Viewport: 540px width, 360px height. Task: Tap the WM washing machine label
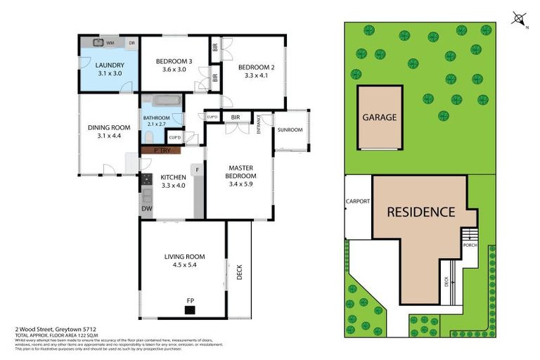tap(110, 43)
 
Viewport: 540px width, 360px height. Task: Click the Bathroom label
tap(155, 117)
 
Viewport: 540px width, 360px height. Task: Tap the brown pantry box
tap(161, 150)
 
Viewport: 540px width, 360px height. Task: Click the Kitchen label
tap(173, 177)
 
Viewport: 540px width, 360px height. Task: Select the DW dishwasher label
tap(146, 209)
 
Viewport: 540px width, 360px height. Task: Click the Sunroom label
tap(290, 130)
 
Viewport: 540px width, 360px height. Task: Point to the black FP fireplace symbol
tap(191, 309)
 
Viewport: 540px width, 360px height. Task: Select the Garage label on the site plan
tap(380, 117)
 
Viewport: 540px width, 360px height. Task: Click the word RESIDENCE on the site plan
tap(420, 212)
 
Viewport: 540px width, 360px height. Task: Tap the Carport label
tap(358, 201)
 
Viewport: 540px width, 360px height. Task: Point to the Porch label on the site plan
tap(469, 244)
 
